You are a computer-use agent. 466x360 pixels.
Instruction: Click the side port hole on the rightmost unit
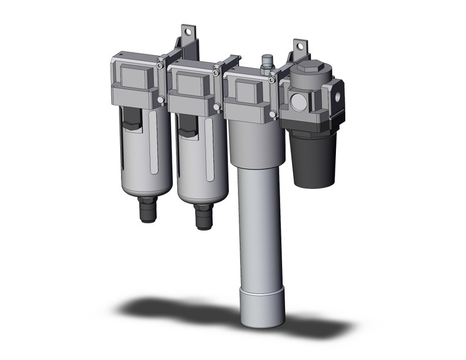[x=336, y=96]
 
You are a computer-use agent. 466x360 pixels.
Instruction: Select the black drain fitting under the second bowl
[x=204, y=216]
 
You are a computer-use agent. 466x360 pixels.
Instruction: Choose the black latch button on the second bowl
[x=189, y=129]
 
